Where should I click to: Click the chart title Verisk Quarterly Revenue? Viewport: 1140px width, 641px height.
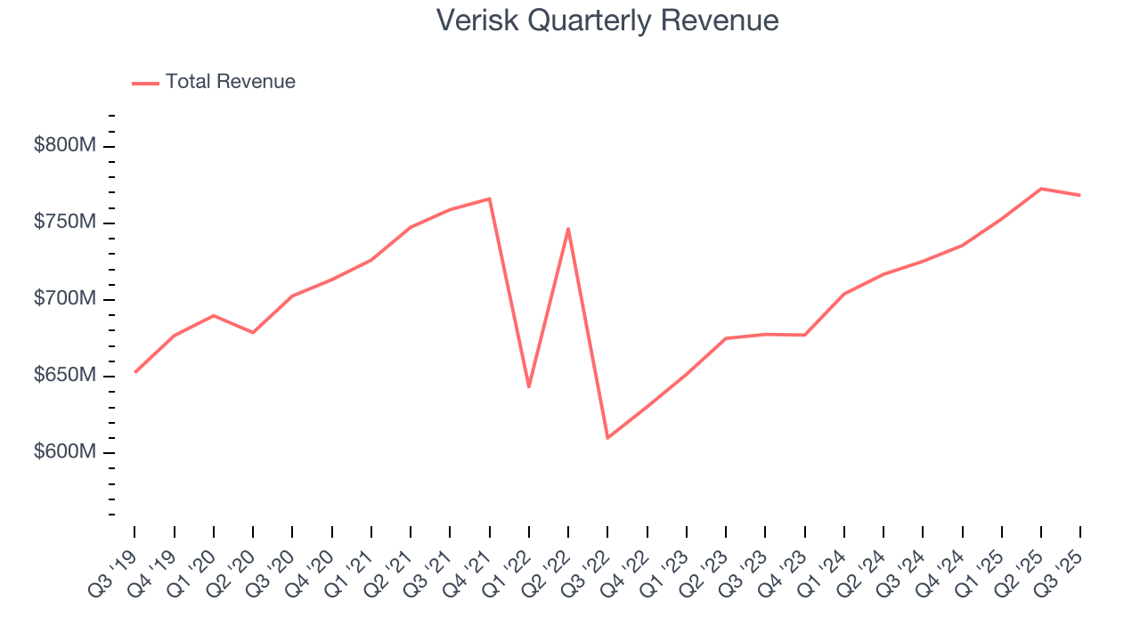(x=607, y=20)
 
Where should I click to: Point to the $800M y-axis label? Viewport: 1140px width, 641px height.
(x=64, y=145)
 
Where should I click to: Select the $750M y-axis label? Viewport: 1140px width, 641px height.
(x=64, y=223)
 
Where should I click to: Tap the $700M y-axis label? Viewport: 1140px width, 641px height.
(x=64, y=299)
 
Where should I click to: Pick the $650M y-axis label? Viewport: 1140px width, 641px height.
(x=64, y=376)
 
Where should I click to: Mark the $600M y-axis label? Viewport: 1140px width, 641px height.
(x=64, y=452)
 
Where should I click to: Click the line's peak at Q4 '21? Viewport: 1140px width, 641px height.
(x=490, y=199)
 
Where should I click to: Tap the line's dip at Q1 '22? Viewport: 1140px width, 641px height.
(x=529, y=387)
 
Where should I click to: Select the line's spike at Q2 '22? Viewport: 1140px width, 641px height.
(x=568, y=229)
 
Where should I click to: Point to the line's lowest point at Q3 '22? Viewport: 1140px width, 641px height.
(x=607, y=438)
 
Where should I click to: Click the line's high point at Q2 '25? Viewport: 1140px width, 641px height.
(x=1041, y=189)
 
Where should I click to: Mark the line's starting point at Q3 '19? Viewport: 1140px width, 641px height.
(x=135, y=372)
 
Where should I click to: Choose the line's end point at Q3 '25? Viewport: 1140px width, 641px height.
(x=1080, y=195)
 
